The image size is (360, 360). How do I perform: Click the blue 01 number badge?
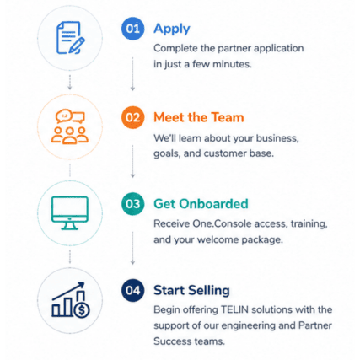tap(132, 29)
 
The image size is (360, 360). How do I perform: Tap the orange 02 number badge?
tap(132, 117)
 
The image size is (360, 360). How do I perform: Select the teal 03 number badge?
tap(132, 204)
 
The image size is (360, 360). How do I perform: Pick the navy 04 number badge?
tap(132, 290)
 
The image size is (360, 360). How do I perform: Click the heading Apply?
tap(172, 30)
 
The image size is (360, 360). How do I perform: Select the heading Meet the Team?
tap(199, 117)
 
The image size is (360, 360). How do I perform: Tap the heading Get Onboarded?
tap(201, 204)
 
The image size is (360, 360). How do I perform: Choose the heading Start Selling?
tap(191, 291)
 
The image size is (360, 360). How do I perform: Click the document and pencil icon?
tap(71, 38)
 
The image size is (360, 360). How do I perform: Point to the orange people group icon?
tap(70, 135)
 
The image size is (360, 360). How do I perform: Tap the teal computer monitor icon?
tap(70, 213)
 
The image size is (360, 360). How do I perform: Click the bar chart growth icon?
tap(71, 300)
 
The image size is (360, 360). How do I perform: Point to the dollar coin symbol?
tap(82, 310)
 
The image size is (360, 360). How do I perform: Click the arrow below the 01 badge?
tap(132, 74)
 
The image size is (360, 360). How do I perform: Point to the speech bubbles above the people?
tap(70, 116)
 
